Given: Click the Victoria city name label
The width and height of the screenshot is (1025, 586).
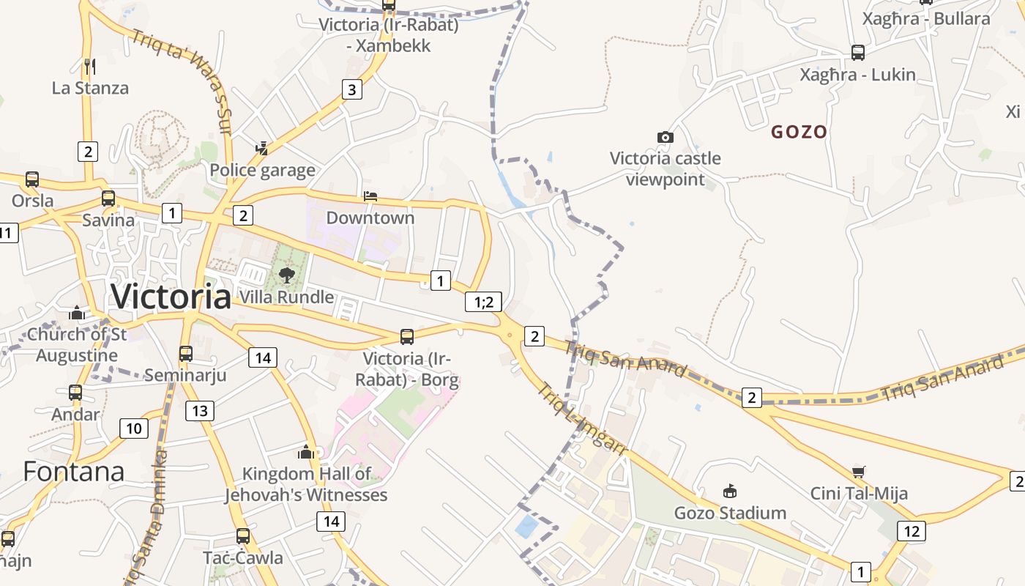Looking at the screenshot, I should (171, 297).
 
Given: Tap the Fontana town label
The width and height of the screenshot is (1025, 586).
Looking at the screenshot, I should (73, 471).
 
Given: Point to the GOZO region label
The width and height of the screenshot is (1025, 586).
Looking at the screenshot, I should (799, 132).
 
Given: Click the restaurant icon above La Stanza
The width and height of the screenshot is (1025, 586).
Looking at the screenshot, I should (90, 67).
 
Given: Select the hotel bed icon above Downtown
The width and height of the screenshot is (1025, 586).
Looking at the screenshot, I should (370, 196).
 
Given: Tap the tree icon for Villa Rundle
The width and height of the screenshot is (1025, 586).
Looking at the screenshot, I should (287, 275).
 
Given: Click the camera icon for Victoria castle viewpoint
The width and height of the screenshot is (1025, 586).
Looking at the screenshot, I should (665, 137).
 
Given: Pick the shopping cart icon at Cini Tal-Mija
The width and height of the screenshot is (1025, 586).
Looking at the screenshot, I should (859, 472).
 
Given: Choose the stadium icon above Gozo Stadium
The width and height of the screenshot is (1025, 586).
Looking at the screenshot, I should (730, 491).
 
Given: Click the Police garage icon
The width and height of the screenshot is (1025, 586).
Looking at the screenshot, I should (261, 149).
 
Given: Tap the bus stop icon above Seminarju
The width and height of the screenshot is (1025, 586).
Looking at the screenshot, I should (186, 354).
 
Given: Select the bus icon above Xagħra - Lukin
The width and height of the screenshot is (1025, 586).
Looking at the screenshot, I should (858, 53).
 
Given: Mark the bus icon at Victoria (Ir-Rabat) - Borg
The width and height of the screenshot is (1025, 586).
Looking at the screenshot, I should (407, 337).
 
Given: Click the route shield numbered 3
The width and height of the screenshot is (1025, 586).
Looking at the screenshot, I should (352, 90).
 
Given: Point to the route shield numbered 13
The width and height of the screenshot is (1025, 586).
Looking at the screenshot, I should (200, 411).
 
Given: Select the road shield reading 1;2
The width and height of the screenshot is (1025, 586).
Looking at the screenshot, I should (484, 301).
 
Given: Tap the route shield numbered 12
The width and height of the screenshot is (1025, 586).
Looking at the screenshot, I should (911, 531).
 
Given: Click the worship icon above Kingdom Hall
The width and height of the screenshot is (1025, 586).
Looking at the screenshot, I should (306, 452).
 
